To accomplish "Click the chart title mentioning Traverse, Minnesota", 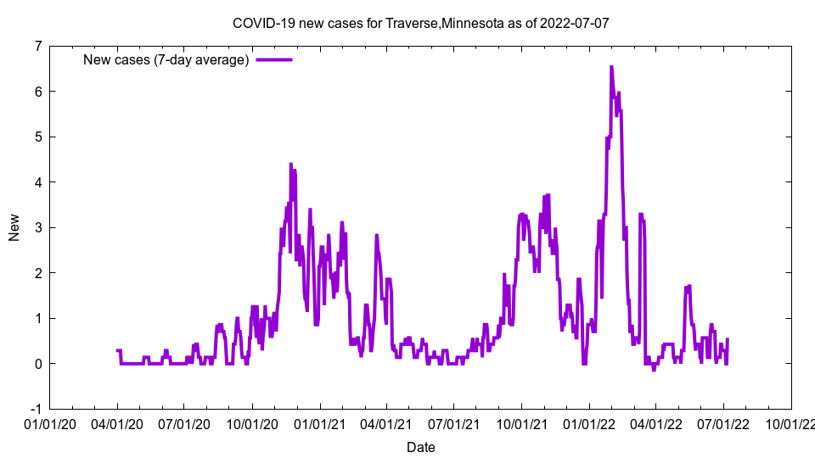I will (x=420, y=24).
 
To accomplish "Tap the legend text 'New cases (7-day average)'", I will (x=166, y=59).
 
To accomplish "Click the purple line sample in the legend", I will (x=274, y=59).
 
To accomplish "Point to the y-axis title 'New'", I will (x=14, y=227).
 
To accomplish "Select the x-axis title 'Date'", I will (x=420, y=447).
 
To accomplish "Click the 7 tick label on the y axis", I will (x=38, y=46).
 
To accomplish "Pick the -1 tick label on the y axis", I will (x=36, y=409).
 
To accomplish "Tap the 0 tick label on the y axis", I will (x=38, y=364).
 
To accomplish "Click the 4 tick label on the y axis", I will (x=38, y=182).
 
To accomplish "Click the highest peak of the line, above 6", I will (x=611, y=67).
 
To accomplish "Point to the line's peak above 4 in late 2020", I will (x=290, y=165).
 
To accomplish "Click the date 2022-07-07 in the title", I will (x=577, y=24).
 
